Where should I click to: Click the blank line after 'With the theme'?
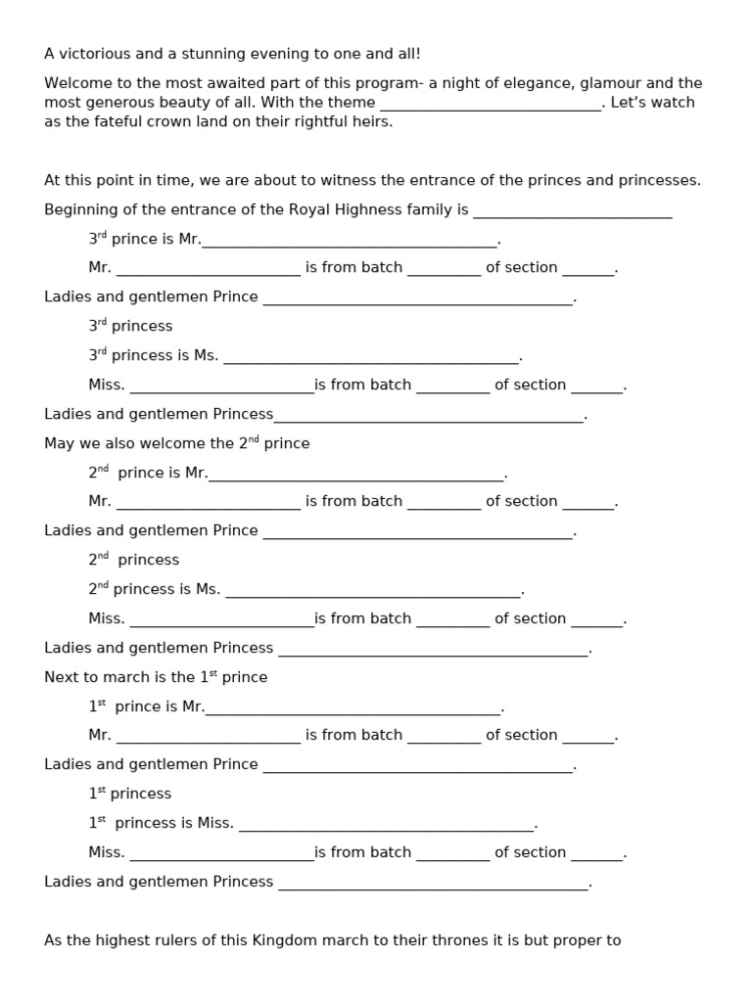(490, 104)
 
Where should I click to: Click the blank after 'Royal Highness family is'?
(573, 211)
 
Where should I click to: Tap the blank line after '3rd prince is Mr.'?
(350, 241)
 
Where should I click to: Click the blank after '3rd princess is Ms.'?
(371, 358)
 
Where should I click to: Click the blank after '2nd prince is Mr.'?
(356, 475)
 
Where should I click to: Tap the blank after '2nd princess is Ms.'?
(373, 592)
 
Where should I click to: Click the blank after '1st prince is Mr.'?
(352, 708)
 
